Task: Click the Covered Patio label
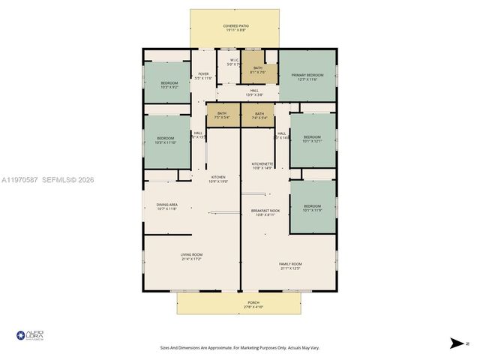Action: tap(235, 28)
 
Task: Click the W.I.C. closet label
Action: tap(235, 62)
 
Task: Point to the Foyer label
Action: tap(203, 76)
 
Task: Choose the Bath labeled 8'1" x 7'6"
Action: tap(258, 70)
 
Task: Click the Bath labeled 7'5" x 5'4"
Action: tap(222, 115)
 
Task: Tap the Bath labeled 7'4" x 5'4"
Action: tap(259, 115)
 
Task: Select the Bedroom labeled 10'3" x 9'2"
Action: tap(169, 85)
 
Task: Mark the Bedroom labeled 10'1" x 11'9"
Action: tap(312, 208)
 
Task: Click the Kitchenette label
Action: tap(262, 166)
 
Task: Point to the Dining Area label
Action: tap(166, 206)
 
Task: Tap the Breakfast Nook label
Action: tap(265, 213)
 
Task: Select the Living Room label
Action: tap(191, 256)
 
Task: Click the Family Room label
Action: tap(290, 265)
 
